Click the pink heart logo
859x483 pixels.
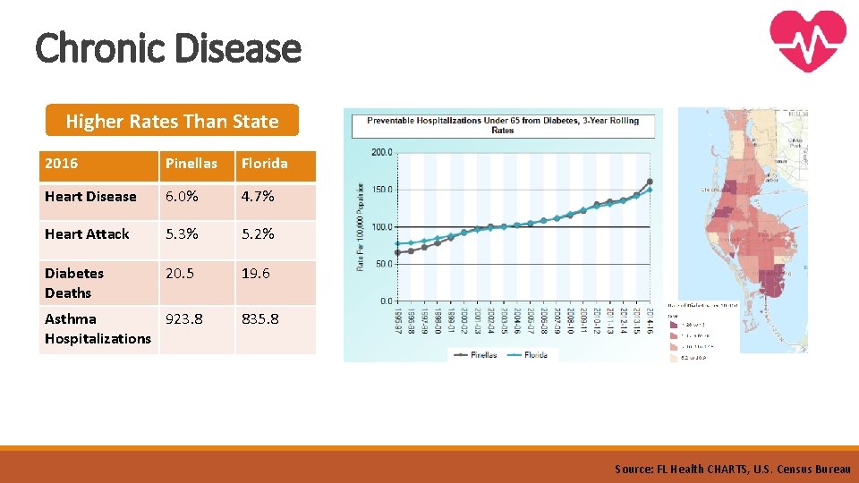(x=807, y=40)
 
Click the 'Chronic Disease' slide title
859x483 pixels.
(x=168, y=47)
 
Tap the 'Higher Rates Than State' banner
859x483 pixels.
(x=172, y=121)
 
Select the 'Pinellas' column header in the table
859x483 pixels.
(x=191, y=164)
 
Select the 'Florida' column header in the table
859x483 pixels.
(x=265, y=164)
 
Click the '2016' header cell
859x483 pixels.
(x=62, y=164)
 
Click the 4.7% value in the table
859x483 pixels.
(x=258, y=197)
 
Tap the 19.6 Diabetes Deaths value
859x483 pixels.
(x=256, y=274)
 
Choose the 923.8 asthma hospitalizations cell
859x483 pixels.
(x=184, y=319)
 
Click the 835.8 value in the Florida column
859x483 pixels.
(x=261, y=319)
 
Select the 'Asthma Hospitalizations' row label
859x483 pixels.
(x=98, y=328)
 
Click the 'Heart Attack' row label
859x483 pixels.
(x=87, y=234)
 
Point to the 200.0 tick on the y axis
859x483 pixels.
(x=381, y=152)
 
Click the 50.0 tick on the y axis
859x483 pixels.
(x=383, y=264)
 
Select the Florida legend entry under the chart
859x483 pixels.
(x=531, y=354)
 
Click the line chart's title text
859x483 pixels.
(x=503, y=124)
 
